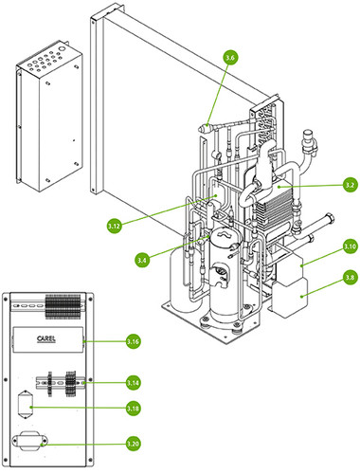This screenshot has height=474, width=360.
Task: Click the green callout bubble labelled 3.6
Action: [x=230, y=58]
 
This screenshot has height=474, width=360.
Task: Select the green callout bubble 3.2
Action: [x=351, y=185]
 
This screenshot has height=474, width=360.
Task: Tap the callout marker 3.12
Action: [x=115, y=226]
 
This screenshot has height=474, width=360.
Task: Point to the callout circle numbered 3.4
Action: [x=142, y=260]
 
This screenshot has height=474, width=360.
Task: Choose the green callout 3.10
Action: [x=351, y=246]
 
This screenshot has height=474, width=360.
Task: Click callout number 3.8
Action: [x=351, y=278]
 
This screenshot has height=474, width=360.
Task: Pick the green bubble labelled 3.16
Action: [x=133, y=341]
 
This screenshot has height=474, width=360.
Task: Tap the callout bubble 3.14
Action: [x=133, y=383]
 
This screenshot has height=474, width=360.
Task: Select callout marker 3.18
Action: [x=133, y=409]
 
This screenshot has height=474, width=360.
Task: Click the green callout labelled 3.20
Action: [x=133, y=444]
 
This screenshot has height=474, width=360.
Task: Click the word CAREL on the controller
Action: [x=46, y=339]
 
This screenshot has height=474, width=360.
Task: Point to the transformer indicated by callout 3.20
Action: [x=29, y=441]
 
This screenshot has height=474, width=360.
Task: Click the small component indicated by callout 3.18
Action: [x=26, y=405]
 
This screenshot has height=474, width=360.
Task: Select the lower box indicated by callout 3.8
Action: [x=290, y=298]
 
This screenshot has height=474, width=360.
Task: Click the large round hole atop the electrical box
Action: [x=63, y=49]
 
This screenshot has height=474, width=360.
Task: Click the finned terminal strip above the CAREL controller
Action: [x=63, y=306]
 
